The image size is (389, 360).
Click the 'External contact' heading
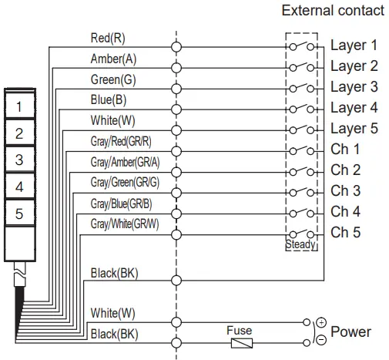point(332,10)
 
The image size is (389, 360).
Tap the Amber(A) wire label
point(114,59)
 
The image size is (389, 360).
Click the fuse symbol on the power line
point(242,341)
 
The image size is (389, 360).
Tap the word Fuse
point(239,330)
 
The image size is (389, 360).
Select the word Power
point(350,332)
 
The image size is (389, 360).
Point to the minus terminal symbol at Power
point(320,341)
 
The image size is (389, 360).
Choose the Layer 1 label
point(354,45)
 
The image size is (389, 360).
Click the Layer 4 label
point(354,108)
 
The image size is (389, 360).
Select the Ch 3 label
point(346,190)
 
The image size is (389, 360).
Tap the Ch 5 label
point(346,232)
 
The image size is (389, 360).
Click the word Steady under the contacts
point(300,244)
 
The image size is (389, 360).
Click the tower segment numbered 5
point(20,214)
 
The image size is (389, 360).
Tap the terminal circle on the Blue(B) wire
point(176,109)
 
